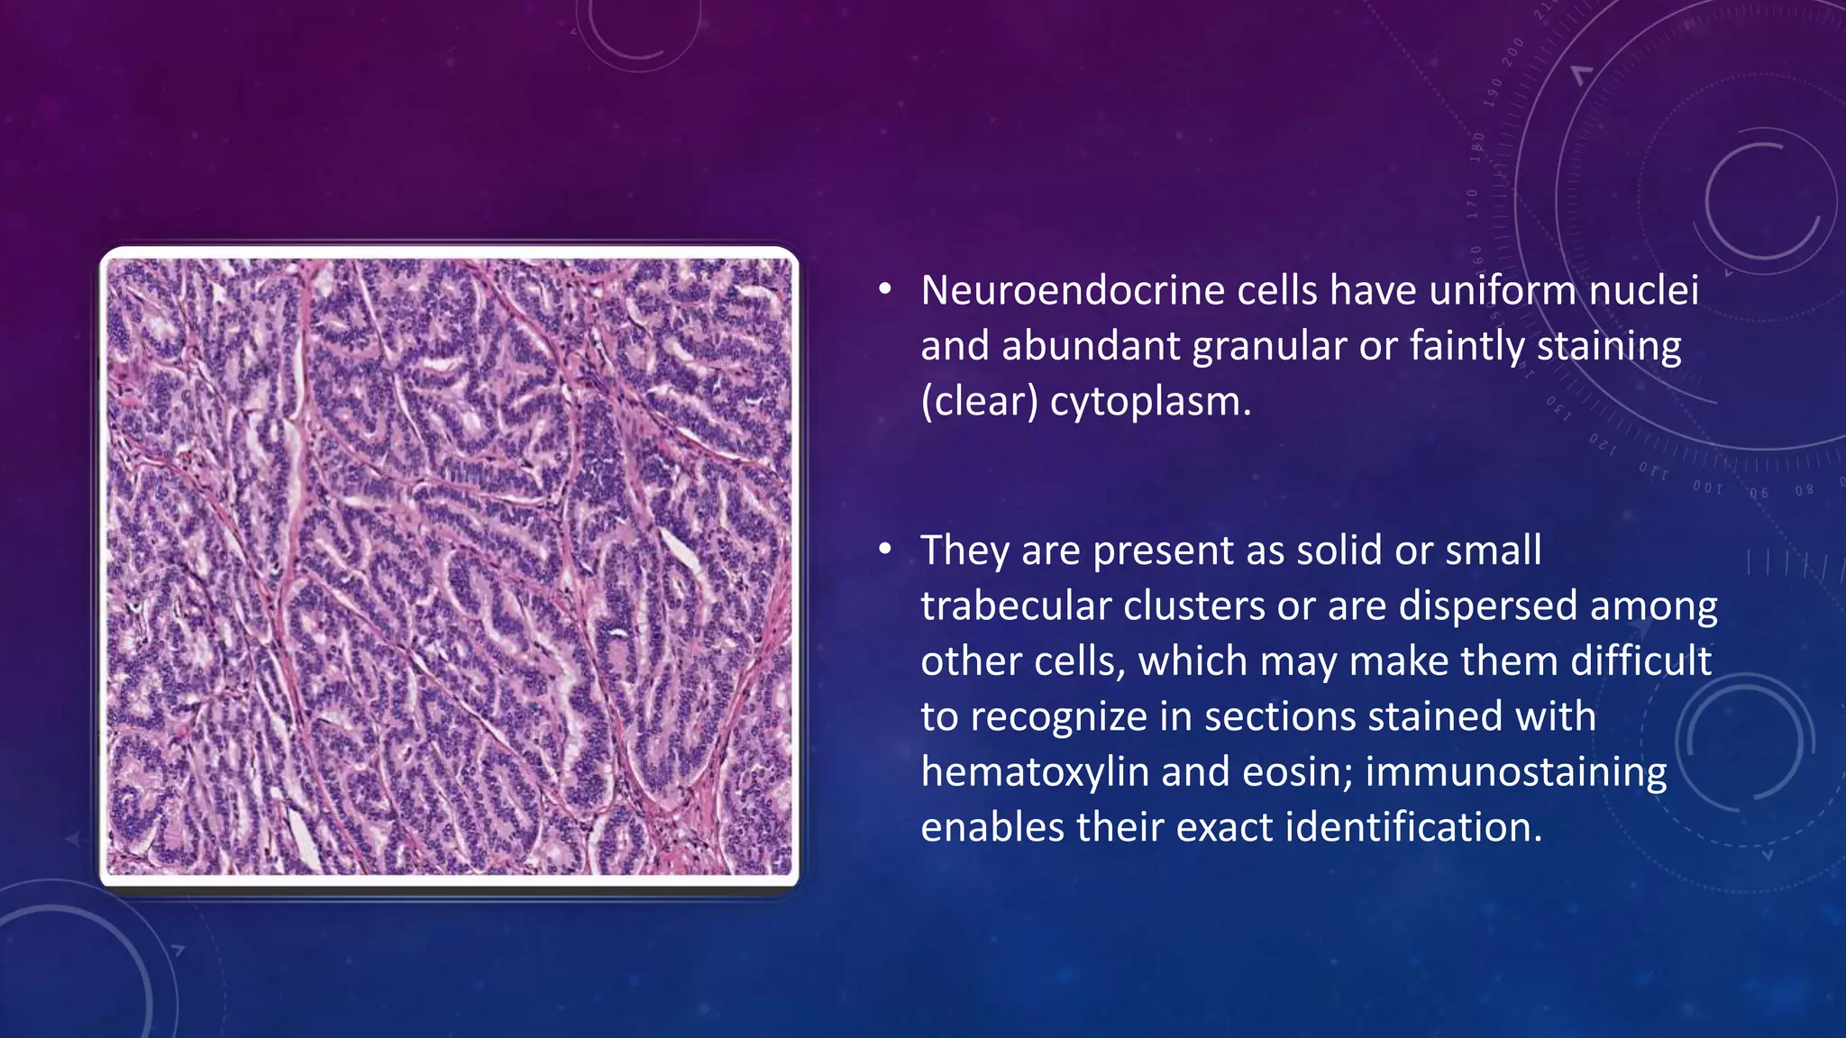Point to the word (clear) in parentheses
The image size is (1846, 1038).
coord(979,402)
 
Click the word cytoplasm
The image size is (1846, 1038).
coord(1150,402)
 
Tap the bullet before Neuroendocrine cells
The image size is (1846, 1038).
coord(885,289)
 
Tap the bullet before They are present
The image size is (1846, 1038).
coord(885,549)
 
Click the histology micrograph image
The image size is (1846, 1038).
coord(449,566)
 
